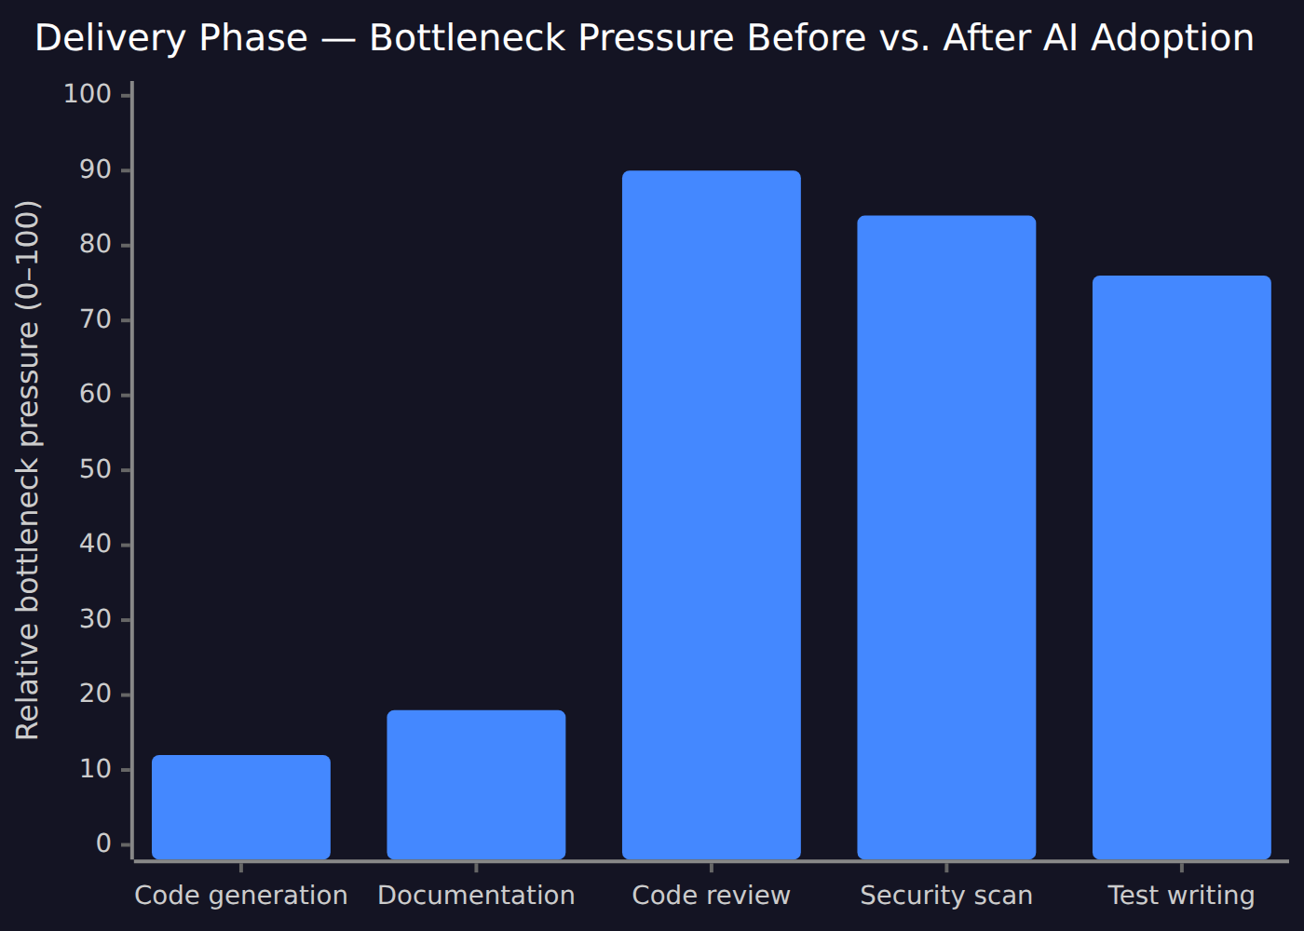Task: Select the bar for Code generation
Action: point(241,807)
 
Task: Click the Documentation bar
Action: point(476,784)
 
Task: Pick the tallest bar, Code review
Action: point(712,515)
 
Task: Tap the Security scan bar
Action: point(946,537)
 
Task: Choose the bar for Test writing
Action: point(1182,567)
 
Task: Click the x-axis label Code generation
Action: point(241,896)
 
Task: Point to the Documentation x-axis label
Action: point(476,896)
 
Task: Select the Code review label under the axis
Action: point(712,896)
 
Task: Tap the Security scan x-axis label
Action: point(946,896)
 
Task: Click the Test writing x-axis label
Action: point(1182,896)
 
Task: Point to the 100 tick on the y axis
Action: point(88,94)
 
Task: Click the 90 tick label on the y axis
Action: point(95,169)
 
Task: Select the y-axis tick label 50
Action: point(95,469)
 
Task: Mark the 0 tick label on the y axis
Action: point(103,843)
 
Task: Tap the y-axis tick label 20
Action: point(95,695)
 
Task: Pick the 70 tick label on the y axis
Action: point(95,319)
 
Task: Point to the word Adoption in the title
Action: point(1173,39)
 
